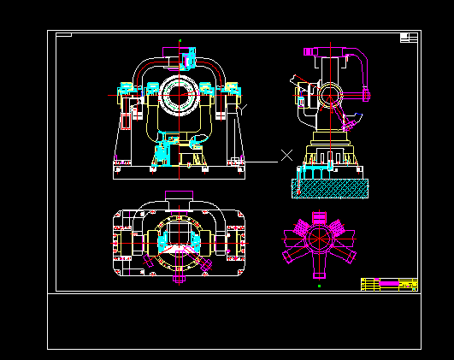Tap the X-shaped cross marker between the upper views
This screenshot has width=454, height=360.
[287, 155]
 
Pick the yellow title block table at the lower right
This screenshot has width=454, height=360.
[389, 284]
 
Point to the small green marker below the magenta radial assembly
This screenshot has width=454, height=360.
[319, 287]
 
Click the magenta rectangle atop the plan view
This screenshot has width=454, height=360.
[180, 195]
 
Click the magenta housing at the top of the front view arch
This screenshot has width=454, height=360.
[189, 59]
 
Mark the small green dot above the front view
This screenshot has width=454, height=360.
[180, 40]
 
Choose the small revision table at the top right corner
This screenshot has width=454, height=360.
[409, 37]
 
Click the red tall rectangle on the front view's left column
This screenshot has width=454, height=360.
[127, 121]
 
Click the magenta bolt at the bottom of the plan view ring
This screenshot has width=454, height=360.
[180, 277]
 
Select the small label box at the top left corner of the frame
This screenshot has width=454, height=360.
[64, 35]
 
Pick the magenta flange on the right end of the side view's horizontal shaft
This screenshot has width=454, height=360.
[365, 92]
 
